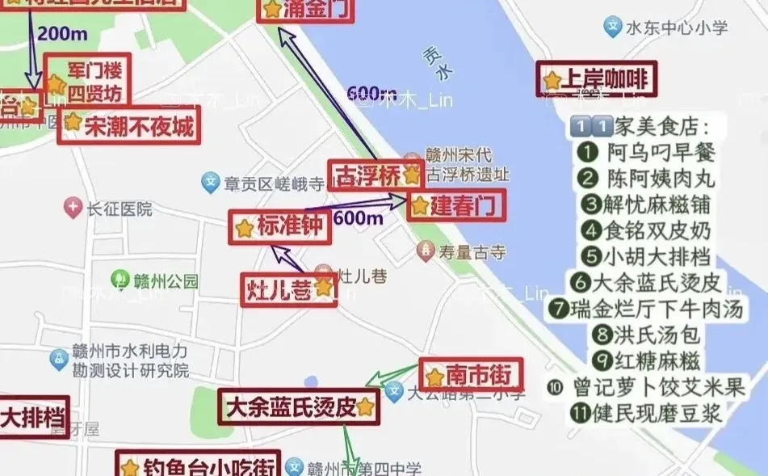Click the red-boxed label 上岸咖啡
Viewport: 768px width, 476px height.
click(597, 79)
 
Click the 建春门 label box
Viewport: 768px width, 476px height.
click(455, 205)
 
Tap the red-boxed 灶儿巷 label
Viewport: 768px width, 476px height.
click(289, 289)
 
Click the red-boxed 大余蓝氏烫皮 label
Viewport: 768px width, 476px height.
click(299, 406)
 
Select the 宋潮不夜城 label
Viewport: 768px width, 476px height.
click(128, 125)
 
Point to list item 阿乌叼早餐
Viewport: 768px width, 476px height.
click(647, 151)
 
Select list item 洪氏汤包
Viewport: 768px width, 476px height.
click(647, 333)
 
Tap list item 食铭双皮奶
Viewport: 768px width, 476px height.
click(647, 230)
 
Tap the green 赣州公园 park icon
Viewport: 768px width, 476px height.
click(120, 281)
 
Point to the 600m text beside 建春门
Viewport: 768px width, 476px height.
click(358, 217)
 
